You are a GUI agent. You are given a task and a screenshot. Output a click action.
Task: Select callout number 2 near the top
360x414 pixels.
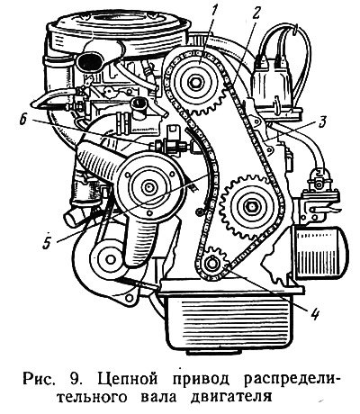tap(256, 13)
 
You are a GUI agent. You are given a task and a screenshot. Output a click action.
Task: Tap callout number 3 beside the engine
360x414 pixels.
tap(321, 121)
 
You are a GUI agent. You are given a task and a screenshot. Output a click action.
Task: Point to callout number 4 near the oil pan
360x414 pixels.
tap(314, 313)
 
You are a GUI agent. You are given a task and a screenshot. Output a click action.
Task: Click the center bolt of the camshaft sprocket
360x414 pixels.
tap(196, 82)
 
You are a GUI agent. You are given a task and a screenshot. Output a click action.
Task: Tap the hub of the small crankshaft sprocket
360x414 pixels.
tap(211, 264)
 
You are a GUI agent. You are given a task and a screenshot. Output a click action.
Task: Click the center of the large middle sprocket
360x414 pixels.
tap(250, 207)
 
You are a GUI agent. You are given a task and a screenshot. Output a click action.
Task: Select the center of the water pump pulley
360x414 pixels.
tap(148, 187)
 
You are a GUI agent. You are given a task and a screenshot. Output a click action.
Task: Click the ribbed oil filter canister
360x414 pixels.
tap(319, 251)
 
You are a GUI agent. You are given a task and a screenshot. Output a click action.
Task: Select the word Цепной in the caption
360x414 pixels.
tap(128, 378)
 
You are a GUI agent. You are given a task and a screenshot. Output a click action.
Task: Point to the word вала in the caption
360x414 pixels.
tap(158, 397)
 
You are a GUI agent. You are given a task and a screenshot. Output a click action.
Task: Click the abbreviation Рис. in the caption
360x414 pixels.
tap(40, 379)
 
